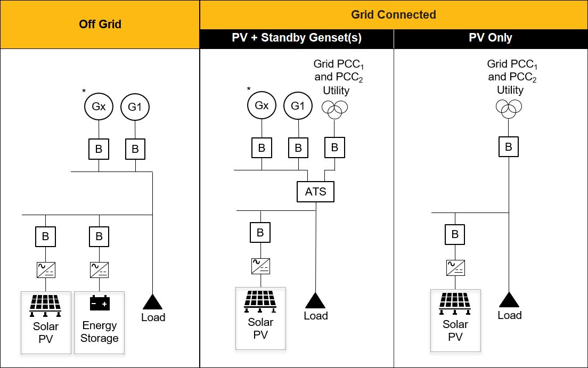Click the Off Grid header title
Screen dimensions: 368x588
(x=100, y=24)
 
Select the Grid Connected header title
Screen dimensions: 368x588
(x=394, y=14)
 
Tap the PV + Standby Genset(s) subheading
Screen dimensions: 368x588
(x=297, y=38)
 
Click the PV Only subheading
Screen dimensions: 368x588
(x=491, y=38)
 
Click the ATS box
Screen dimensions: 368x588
(x=315, y=191)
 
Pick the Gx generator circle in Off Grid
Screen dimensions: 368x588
(x=99, y=107)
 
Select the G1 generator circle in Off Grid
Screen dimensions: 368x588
(x=135, y=107)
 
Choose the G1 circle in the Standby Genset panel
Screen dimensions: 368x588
(x=298, y=105)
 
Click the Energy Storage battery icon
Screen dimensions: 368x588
(x=99, y=303)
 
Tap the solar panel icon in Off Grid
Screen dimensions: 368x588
(x=46, y=304)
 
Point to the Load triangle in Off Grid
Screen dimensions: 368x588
(x=153, y=302)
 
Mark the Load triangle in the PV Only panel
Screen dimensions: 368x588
(x=509, y=300)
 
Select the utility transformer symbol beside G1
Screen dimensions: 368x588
(x=334, y=109)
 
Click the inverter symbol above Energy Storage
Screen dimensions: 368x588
(x=99, y=269)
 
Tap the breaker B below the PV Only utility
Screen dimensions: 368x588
(x=509, y=146)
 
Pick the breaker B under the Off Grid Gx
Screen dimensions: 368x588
(x=99, y=149)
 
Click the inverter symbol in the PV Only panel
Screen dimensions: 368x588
(x=455, y=268)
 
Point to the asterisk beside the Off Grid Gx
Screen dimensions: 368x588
(x=84, y=92)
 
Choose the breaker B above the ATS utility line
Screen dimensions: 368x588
(x=334, y=148)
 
